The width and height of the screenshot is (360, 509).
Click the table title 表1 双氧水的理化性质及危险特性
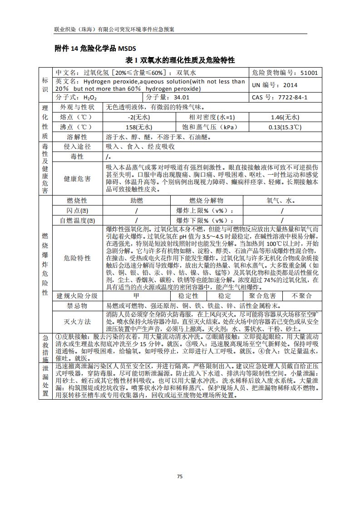180,60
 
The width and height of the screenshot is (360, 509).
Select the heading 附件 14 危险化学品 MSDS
95,49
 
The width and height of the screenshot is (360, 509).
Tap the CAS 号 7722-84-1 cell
286,97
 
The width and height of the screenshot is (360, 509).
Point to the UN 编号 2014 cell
286,85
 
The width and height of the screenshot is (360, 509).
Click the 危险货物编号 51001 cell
286,73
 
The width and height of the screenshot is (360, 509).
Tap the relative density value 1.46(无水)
281,117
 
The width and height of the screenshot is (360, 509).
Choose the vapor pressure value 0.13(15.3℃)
281,127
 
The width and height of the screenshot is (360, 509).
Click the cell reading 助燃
137,200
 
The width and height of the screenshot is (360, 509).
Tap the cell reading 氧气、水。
281,200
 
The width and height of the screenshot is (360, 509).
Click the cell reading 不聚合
302,296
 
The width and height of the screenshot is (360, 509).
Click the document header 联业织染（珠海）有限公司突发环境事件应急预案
114,29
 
